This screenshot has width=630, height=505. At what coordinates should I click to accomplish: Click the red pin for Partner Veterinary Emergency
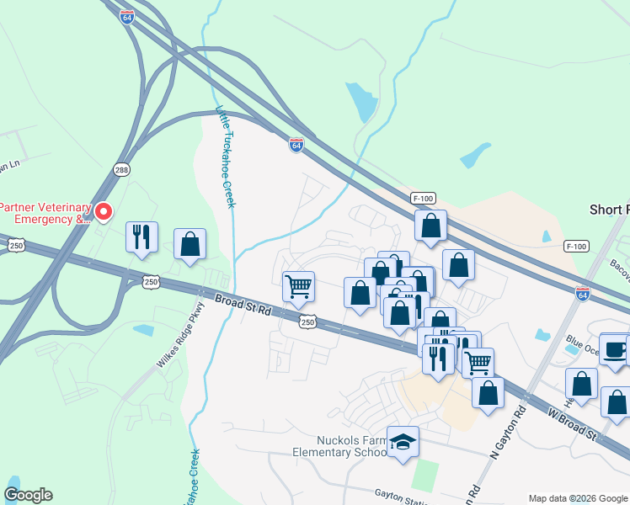[103, 210]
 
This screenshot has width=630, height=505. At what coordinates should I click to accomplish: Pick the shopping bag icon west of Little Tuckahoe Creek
[190, 244]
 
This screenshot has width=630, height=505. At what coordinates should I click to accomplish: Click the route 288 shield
[123, 169]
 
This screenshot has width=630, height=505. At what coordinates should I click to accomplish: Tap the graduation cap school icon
[403, 441]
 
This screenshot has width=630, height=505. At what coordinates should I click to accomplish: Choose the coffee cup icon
[614, 349]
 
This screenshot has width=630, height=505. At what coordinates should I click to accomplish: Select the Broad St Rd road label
[243, 305]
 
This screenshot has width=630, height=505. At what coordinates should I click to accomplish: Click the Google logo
[28, 495]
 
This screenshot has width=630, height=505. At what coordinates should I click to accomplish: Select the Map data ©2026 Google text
[577, 498]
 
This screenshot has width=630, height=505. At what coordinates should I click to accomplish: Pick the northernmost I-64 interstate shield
[127, 17]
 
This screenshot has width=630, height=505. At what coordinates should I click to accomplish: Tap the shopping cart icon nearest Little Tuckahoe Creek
[298, 286]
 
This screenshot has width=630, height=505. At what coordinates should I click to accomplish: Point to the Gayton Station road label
[402, 496]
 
